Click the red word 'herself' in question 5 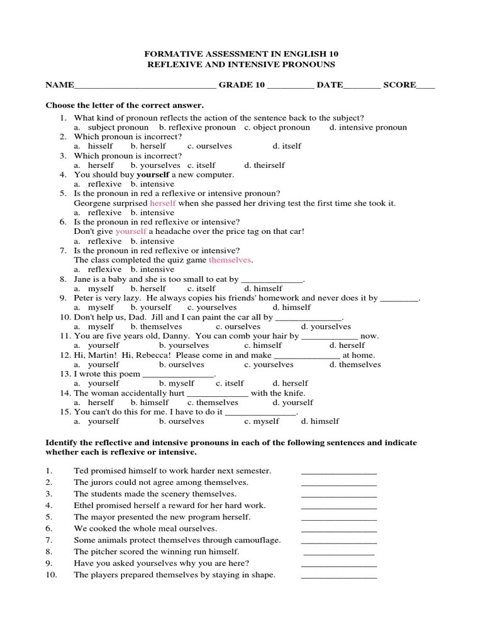click(163, 203)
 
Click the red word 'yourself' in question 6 click(131, 231)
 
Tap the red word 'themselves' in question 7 click(230, 260)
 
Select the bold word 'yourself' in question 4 click(153, 174)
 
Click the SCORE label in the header click(399, 85)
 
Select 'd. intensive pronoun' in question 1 click(368, 127)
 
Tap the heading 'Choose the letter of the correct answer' click(125, 105)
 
